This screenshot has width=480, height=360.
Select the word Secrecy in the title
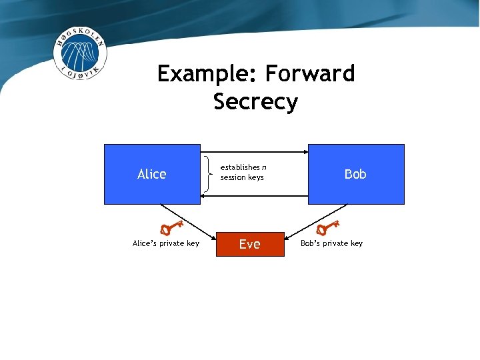click(x=255, y=102)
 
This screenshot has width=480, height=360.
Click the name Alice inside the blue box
click(x=151, y=174)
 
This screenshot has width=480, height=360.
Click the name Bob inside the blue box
click(x=355, y=174)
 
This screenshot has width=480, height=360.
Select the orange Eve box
click(x=249, y=244)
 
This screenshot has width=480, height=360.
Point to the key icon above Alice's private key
click(x=172, y=226)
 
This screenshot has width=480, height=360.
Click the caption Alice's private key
click(x=166, y=243)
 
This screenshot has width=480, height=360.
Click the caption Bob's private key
click(x=331, y=243)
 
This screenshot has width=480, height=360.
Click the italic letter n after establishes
click(x=264, y=167)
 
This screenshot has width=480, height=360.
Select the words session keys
click(x=242, y=177)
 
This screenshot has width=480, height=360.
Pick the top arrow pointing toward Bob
click(x=253, y=153)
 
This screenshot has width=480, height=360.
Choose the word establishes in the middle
click(x=240, y=167)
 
